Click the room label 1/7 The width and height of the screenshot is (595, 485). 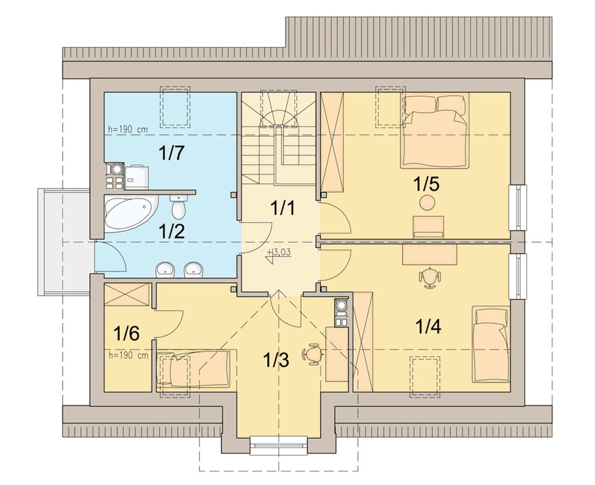point(171,153)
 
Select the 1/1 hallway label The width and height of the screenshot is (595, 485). point(282,208)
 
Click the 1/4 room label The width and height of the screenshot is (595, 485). point(428,326)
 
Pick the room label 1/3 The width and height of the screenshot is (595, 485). point(276,359)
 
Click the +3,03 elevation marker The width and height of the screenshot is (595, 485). point(279,255)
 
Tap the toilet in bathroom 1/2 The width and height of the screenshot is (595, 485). point(178,206)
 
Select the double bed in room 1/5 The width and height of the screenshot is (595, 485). point(435,131)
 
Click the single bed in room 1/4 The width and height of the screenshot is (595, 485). point(490,344)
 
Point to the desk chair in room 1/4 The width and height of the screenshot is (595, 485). point(431,277)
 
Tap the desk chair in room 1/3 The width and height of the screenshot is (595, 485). point(313,354)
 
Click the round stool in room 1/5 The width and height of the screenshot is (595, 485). point(427,202)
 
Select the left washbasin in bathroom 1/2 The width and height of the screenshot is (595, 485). point(164,269)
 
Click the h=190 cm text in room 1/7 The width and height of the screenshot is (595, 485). point(128,130)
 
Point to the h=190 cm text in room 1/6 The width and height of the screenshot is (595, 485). point(128,355)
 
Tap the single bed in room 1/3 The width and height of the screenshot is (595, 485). point(193,369)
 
